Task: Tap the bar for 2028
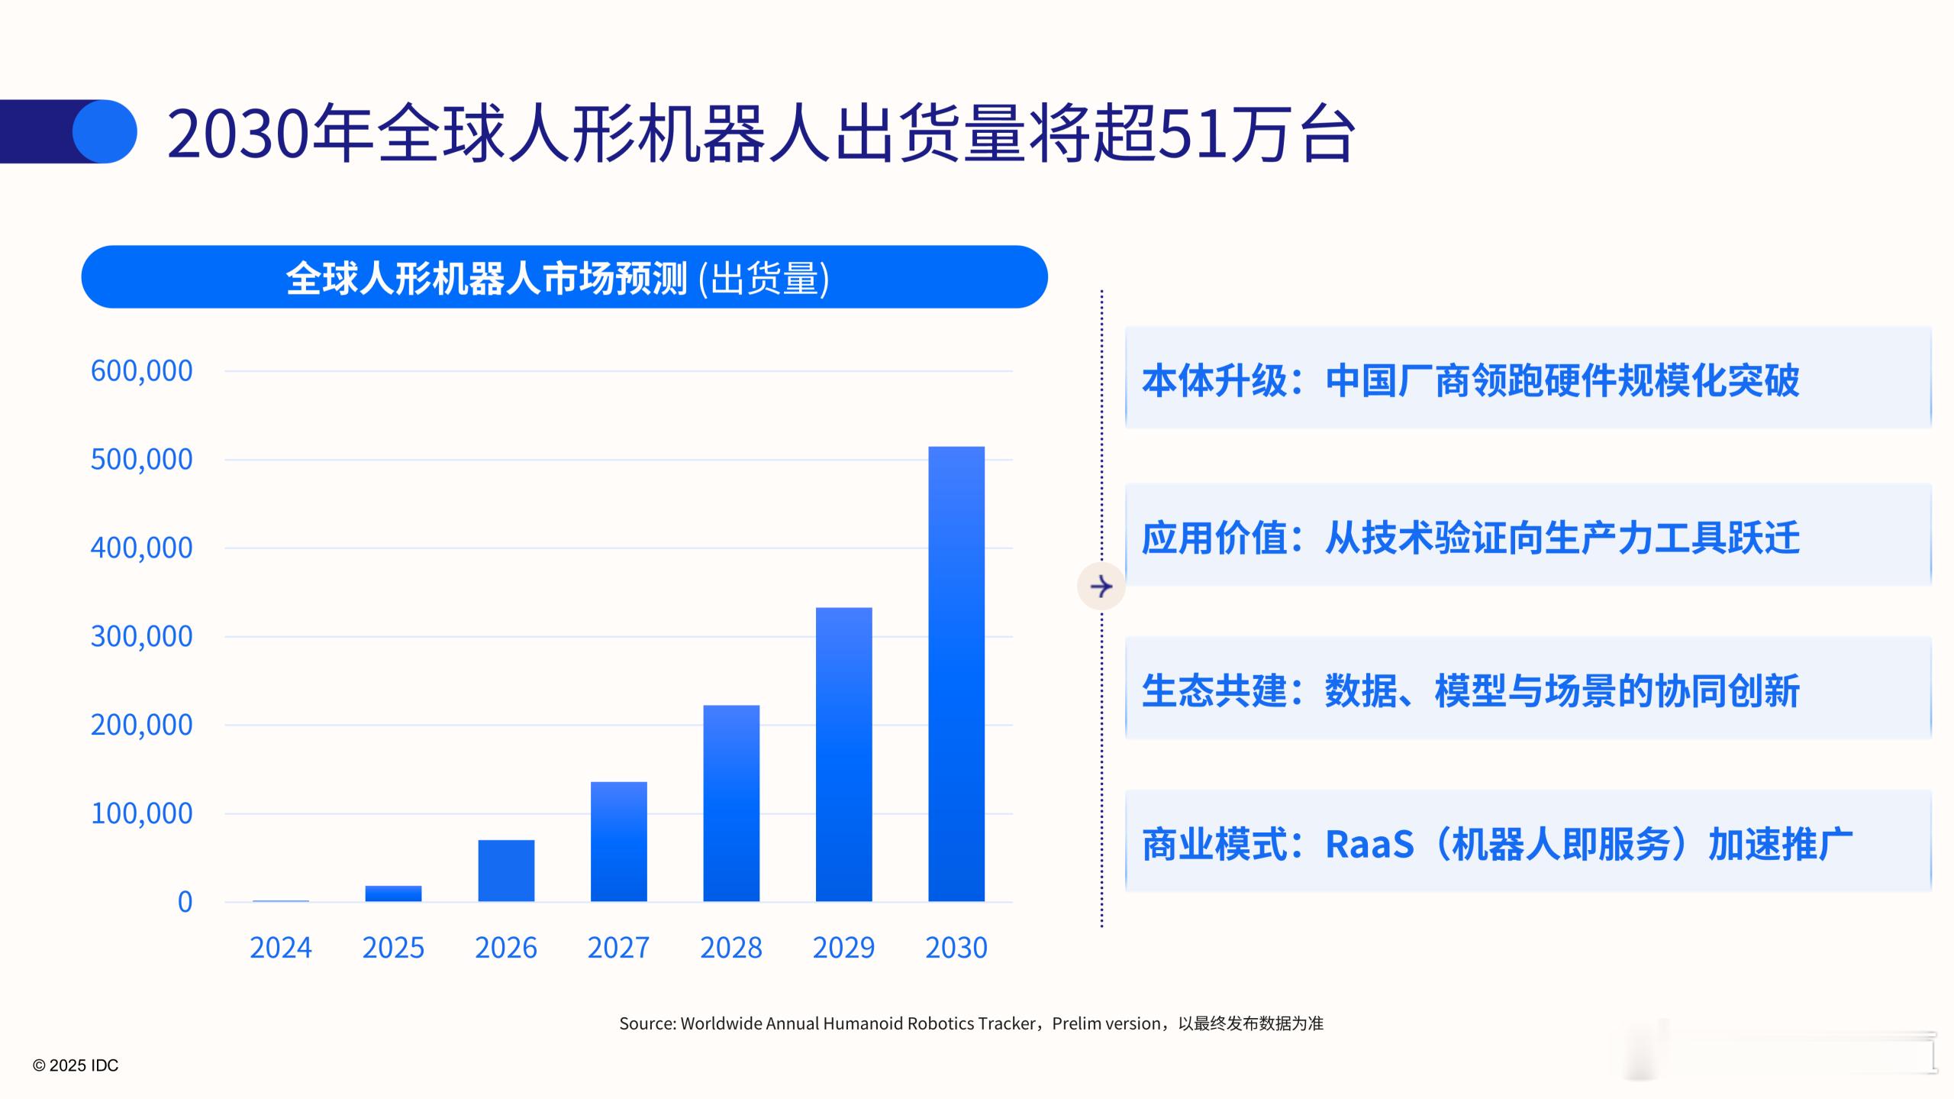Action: click(x=731, y=803)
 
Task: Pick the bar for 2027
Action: click(x=618, y=841)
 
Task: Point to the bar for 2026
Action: click(x=506, y=870)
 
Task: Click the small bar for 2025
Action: click(x=393, y=893)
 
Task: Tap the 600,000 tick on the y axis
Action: click(x=141, y=371)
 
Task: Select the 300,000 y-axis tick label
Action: click(x=141, y=636)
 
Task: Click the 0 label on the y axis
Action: click(x=185, y=902)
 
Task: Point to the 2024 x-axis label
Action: click(x=280, y=948)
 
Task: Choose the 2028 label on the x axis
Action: click(x=731, y=948)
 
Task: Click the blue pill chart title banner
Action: click(x=564, y=277)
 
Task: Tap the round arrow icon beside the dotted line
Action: click(x=1101, y=587)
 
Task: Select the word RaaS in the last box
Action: click(x=1369, y=845)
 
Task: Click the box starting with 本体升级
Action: click(x=1527, y=378)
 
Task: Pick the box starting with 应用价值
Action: click(x=1527, y=535)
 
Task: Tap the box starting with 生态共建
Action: click(x=1527, y=689)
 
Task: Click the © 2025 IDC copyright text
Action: click(x=76, y=1065)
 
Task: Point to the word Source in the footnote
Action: click(x=646, y=1023)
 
